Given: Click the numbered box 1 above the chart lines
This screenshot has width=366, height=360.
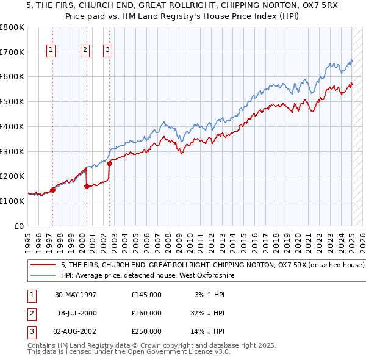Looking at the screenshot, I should tap(50, 51).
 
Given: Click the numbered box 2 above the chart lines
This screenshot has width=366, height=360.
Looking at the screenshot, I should tap(85, 51).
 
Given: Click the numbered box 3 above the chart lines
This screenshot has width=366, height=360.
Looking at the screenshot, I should tap(107, 51).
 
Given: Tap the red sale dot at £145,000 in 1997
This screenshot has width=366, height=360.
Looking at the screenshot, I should tap(52, 190).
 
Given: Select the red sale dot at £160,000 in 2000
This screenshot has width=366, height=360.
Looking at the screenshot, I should tap(87, 186).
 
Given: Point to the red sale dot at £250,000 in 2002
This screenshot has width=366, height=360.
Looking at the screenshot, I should tap(109, 164).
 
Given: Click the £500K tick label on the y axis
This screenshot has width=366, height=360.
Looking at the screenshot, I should tap(12, 102).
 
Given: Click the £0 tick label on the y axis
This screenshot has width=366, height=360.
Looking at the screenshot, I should tap(20, 226).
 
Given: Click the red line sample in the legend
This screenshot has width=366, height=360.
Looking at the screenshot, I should tap(43, 265).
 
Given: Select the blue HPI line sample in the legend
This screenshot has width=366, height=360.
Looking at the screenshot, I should tap(43, 276).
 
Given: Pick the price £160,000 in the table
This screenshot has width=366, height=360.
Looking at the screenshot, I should tap(146, 313).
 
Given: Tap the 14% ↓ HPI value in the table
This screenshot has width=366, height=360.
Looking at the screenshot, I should tap(208, 331).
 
